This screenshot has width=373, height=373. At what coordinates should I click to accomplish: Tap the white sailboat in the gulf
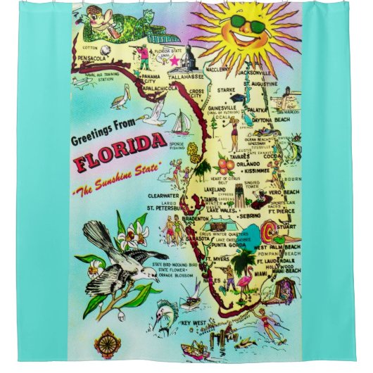pyautogui.click(x=181, y=123)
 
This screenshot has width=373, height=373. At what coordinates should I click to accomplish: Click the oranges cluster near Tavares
pyautogui.click(x=226, y=166)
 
